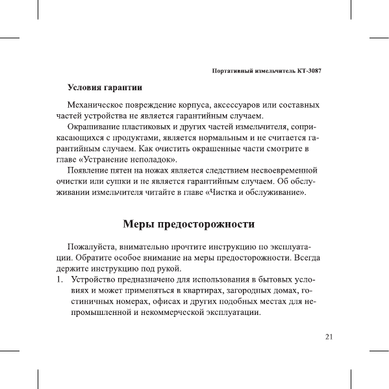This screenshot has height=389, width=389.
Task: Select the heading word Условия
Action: coord(87,87)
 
